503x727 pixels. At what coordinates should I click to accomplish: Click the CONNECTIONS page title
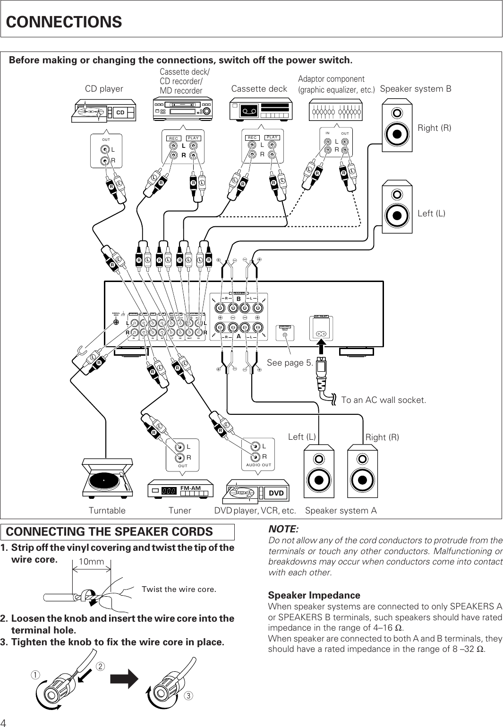tap(64, 22)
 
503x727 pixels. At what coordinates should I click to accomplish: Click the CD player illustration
tap(103, 110)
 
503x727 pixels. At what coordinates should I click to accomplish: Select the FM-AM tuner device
tap(180, 490)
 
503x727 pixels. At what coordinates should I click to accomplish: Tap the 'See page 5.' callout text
tap(290, 363)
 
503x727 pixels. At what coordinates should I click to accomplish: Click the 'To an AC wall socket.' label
tap(384, 400)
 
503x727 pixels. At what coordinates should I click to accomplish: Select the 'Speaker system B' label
tap(416, 89)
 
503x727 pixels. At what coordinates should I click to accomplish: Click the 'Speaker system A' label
tap(341, 511)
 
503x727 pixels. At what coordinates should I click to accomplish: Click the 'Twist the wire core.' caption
tap(179, 589)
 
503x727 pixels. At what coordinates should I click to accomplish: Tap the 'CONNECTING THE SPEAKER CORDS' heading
tap(110, 531)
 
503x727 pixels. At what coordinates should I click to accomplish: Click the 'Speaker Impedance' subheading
tap(314, 595)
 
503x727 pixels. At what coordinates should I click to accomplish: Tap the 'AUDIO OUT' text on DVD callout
tap(258, 465)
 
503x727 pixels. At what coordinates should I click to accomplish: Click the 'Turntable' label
tap(107, 511)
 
